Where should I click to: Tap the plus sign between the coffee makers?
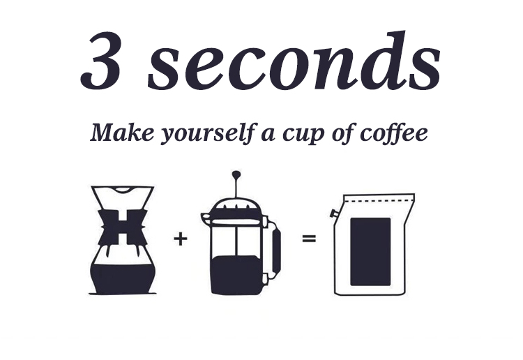(x=181, y=239)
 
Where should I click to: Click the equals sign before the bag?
(x=309, y=239)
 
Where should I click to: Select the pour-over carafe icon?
(x=123, y=240)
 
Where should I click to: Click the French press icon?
(x=239, y=237)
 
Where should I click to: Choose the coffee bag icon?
(x=372, y=244)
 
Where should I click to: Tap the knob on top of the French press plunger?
(x=236, y=174)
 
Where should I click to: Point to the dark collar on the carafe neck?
(x=123, y=227)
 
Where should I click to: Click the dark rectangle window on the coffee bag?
(x=370, y=251)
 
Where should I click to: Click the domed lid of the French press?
(x=236, y=206)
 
